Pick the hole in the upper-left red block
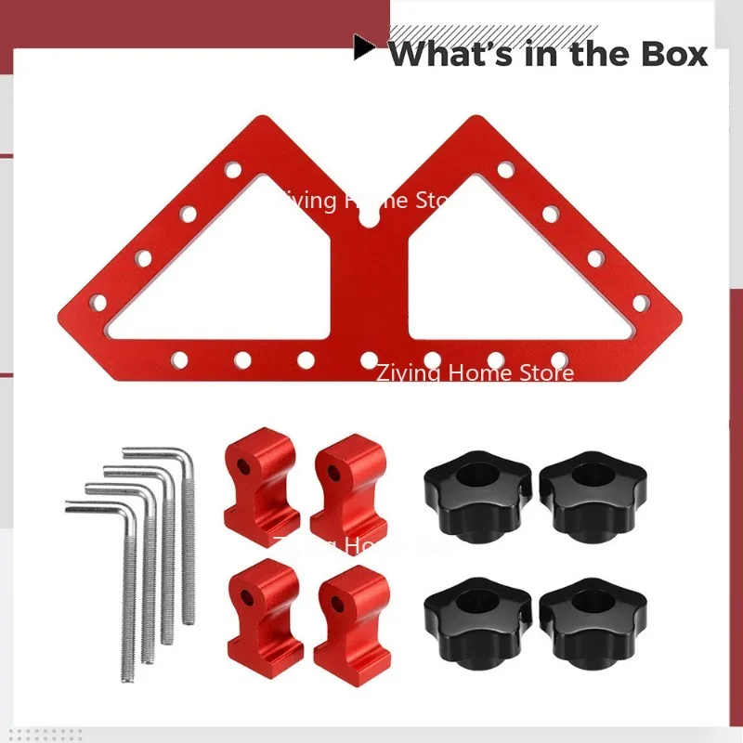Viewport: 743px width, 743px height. [247, 462]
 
